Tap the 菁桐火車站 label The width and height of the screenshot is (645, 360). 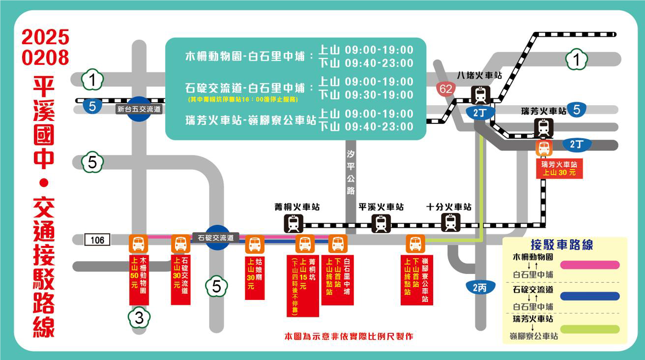pos(297,207)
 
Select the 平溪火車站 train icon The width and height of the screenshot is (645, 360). pos(381,223)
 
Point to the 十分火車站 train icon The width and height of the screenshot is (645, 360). pos(450,223)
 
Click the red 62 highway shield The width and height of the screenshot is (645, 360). pos(446,89)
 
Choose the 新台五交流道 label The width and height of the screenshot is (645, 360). pos(139,109)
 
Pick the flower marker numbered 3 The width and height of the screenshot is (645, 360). pos(139,318)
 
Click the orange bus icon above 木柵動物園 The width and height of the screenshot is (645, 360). pos(138,243)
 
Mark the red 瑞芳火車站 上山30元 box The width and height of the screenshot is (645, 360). pos(559,169)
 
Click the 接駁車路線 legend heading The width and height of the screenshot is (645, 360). pos(562,244)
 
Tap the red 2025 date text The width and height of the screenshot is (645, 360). pos(45,38)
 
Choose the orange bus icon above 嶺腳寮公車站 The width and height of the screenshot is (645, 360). pos(415,243)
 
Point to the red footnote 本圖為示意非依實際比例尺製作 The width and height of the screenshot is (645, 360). pos(349,336)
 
